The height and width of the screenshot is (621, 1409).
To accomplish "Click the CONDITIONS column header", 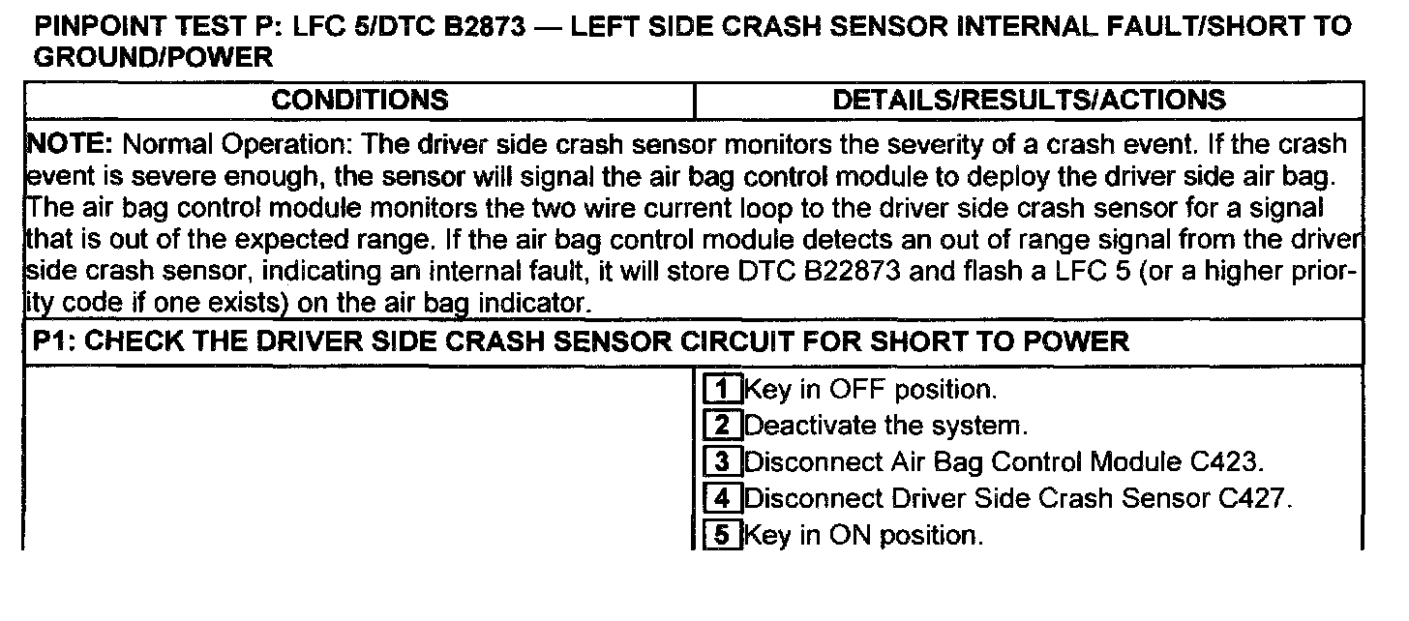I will [x=359, y=100].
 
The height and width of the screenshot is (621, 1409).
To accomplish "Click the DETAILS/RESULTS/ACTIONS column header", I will [x=1029, y=100].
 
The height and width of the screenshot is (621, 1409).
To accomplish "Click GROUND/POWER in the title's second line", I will [x=153, y=58].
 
